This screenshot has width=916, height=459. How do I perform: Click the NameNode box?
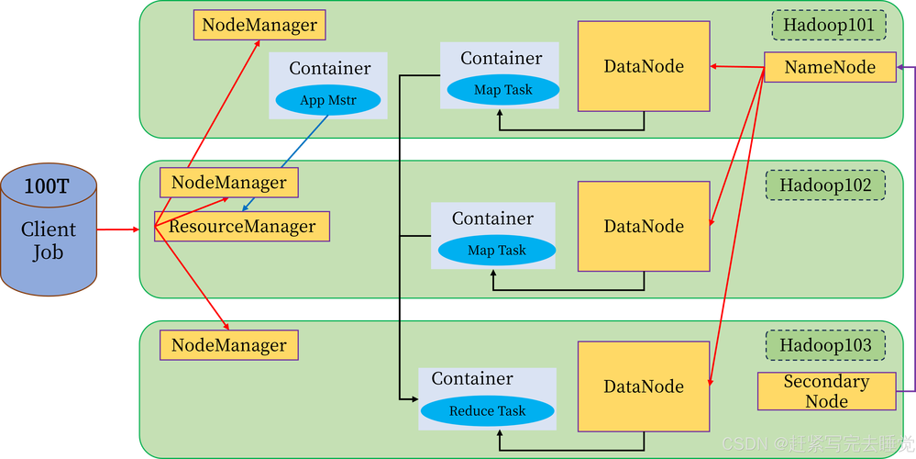(830, 67)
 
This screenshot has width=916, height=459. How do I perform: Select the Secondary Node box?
(826, 391)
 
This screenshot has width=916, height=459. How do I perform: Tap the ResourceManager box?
(242, 227)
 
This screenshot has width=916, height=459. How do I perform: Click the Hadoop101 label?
(828, 26)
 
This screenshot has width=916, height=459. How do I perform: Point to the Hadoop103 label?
(825, 346)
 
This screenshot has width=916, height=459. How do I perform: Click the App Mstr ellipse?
(327, 100)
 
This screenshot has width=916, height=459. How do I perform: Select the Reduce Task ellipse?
(487, 411)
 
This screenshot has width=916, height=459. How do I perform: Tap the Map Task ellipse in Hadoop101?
(502, 90)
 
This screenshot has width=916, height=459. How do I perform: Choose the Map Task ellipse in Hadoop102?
(496, 251)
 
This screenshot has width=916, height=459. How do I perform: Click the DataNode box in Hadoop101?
(644, 66)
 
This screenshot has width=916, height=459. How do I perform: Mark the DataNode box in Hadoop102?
(644, 226)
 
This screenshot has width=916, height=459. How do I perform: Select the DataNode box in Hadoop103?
(644, 386)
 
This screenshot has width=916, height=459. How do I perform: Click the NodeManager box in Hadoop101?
(259, 25)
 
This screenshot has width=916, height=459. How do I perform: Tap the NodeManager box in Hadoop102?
(229, 183)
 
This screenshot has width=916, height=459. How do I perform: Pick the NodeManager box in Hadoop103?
(229, 345)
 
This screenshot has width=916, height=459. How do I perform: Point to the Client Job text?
(49, 241)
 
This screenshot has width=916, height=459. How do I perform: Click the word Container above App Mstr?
(330, 69)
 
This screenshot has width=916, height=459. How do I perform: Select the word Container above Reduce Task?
(472, 379)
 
